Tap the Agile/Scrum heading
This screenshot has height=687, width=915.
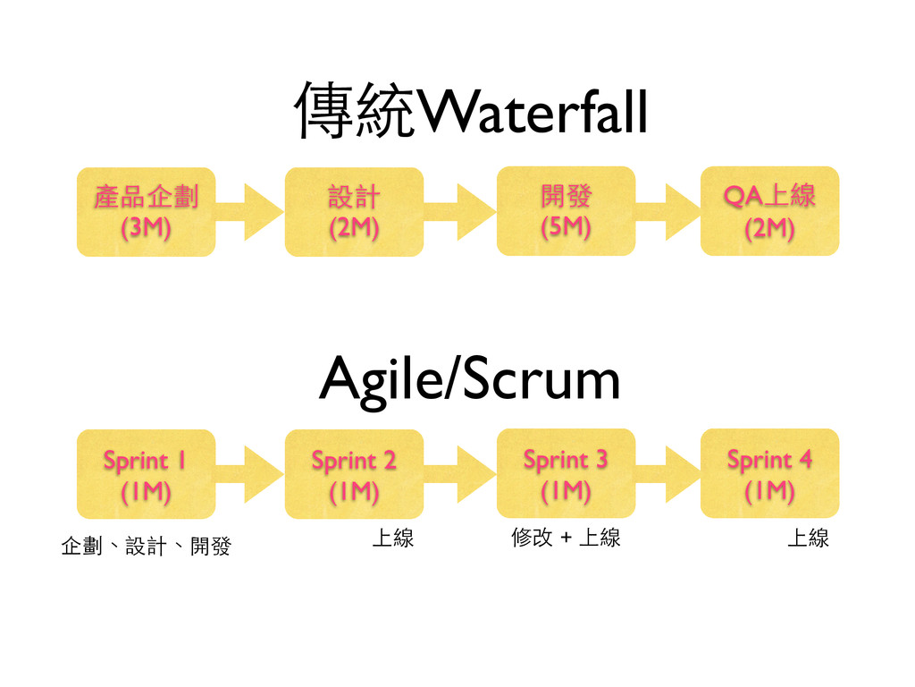tap(470, 381)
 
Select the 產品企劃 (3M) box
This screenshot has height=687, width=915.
tap(147, 212)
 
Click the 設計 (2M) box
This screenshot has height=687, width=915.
tap(354, 212)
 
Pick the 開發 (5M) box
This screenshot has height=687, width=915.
tap(566, 211)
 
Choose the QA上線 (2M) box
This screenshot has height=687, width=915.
tap(769, 211)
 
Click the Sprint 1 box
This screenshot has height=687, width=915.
tap(147, 474)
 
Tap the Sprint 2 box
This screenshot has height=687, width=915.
tap(354, 474)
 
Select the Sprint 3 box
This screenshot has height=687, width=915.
tap(566, 473)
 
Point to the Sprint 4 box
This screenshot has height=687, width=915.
tap(769, 473)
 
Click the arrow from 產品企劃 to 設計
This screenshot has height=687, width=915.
tap(250, 212)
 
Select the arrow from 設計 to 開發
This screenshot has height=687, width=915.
tap(460, 212)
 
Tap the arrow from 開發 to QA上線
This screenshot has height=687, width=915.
tap(668, 212)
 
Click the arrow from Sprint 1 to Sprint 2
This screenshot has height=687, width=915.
tap(250, 474)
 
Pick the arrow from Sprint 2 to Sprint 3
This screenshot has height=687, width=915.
tap(460, 474)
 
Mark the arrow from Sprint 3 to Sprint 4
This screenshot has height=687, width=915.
tap(668, 474)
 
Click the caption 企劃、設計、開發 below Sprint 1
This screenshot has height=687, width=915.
tap(147, 547)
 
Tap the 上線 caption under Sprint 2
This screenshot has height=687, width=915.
tap(393, 538)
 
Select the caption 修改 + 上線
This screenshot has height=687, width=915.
tap(566, 538)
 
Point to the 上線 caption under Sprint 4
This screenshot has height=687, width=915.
tap(808, 538)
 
